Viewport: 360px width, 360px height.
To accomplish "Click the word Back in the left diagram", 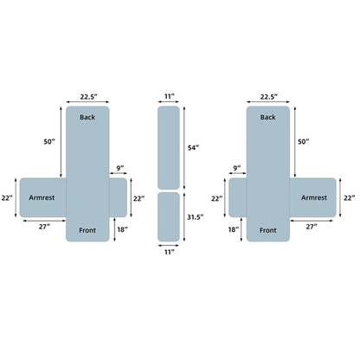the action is tap(87, 117).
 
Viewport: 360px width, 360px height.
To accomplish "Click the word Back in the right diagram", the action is tap(268, 117).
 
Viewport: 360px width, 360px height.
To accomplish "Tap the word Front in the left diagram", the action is tap(87, 230).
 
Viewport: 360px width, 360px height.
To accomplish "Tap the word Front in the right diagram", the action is tap(268, 230).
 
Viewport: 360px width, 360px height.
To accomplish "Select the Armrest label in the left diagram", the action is tap(42, 197).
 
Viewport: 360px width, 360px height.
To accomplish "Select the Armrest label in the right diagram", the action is tap(314, 197).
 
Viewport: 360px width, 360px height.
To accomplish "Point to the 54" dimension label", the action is tap(194, 148).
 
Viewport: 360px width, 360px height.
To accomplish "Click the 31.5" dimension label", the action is tap(196, 217).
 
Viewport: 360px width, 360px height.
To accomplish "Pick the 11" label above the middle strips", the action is tap(170, 96).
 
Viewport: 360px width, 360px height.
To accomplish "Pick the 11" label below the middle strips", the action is tap(170, 252).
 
